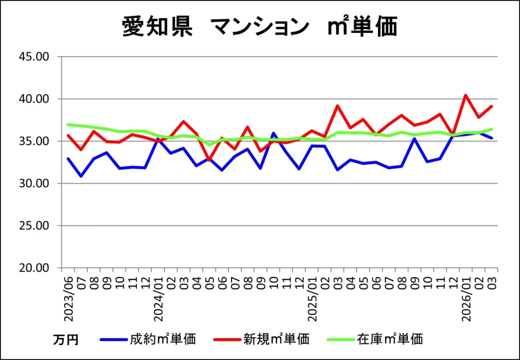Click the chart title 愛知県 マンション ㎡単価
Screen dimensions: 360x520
point(259,26)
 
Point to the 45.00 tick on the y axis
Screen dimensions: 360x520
point(35,56)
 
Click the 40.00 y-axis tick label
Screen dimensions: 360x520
point(35,99)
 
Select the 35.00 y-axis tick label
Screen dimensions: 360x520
point(35,141)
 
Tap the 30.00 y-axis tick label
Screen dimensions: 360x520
point(35,183)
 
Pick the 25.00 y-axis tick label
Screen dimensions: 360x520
point(35,226)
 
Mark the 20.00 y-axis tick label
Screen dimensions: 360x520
point(35,268)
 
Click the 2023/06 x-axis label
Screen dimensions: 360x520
point(69,300)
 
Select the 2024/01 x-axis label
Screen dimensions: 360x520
point(158,300)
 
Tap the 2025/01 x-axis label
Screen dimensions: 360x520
point(313,300)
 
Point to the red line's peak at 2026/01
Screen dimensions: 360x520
point(466,95)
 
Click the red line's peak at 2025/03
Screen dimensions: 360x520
point(338,106)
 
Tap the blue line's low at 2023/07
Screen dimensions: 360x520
point(81,176)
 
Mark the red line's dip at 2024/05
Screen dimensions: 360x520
point(209,160)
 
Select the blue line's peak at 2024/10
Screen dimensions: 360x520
point(274,133)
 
